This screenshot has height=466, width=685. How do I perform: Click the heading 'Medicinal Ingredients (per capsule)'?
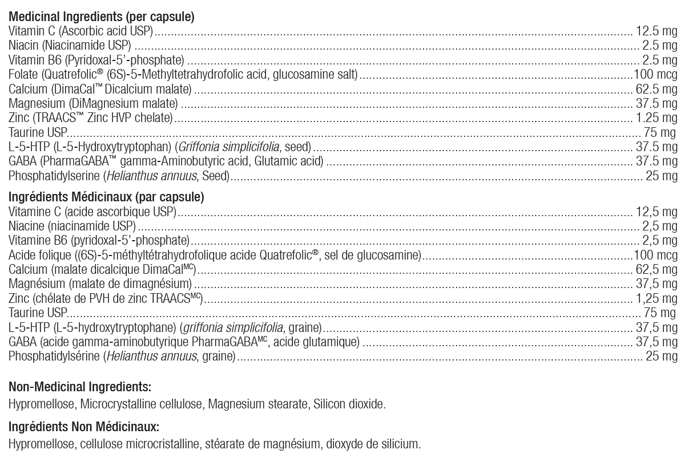[102, 17]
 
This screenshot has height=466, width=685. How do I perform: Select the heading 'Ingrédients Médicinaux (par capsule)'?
[106, 198]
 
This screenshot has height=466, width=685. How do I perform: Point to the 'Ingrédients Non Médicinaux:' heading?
[83, 427]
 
